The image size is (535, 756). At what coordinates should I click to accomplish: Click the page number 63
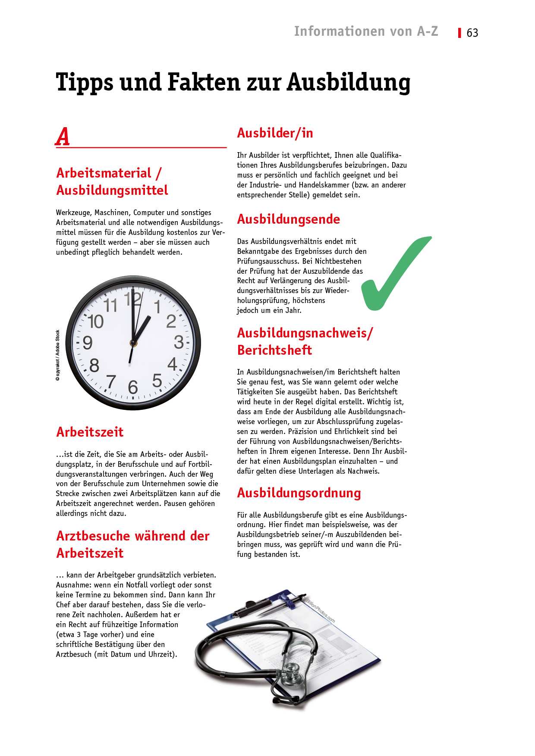click(472, 33)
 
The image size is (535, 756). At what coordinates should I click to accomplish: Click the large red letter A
click(63, 137)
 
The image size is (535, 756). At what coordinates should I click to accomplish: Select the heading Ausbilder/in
click(275, 133)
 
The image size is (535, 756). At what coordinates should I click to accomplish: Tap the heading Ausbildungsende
click(288, 219)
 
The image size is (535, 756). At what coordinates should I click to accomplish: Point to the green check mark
click(390, 276)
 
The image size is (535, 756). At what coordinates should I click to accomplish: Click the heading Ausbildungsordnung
click(299, 493)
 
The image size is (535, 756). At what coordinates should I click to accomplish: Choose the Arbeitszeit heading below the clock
click(90, 432)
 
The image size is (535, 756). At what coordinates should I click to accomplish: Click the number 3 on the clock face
click(179, 342)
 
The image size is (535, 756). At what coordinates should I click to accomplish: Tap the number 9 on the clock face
click(88, 343)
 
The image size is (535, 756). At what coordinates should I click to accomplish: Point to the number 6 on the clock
click(133, 387)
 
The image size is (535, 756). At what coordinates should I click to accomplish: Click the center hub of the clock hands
click(133, 343)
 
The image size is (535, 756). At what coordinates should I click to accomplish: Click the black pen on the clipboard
click(267, 603)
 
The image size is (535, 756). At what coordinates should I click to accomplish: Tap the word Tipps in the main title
click(85, 82)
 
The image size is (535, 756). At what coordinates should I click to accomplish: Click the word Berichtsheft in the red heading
click(274, 350)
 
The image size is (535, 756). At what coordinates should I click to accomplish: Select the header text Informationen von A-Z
click(366, 31)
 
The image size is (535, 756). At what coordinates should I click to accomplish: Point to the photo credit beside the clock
click(58, 355)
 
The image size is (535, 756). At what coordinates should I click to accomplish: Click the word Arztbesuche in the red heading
click(93, 536)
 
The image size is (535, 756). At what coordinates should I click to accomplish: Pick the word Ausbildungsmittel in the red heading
click(112, 190)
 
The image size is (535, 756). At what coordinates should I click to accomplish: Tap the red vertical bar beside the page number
click(459, 33)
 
